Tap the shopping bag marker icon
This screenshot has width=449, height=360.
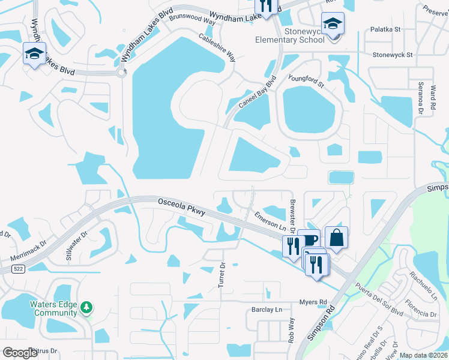tap(336, 238)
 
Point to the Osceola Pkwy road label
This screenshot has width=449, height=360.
tap(182, 208)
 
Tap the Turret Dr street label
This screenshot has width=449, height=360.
tap(222, 274)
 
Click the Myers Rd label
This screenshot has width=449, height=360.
tap(314, 302)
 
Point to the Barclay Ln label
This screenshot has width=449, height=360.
tap(267, 310)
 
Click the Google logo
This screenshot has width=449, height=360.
tap(20, 353)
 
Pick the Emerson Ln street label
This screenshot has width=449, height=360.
tap(270, 220)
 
